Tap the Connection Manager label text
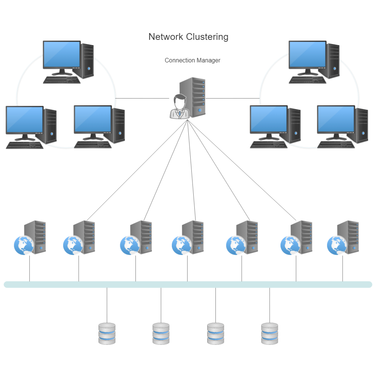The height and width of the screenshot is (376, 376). pyautogui.click(x=192, y=60)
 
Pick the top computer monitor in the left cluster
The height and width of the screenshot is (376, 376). pyautogui.click(x=62, y=55)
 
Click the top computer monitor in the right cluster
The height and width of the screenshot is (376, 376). pyautogui.click(x=307, y=55)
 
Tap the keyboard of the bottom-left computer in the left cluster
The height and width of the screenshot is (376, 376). pyautogui.click(x=24, y=145)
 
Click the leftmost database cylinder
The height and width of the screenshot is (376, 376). pyautogui.click(x=107, y=334)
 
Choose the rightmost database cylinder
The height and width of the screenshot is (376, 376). pyautogui.click(x=270, y=334)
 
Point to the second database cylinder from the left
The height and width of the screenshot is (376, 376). pyautogui.click(x=161, y=334)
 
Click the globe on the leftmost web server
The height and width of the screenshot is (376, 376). pyautogui.click(x=23, y=246)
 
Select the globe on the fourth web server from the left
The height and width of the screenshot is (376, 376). pyautogui.click(x=181, y=246)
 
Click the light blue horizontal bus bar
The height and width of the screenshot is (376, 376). pyautogui.click(x=188, y=285)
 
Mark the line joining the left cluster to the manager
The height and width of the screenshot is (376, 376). pyautogui.click(x=142, y=99)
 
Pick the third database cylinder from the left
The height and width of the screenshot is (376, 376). pyautogui.click(x=215, y=334)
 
